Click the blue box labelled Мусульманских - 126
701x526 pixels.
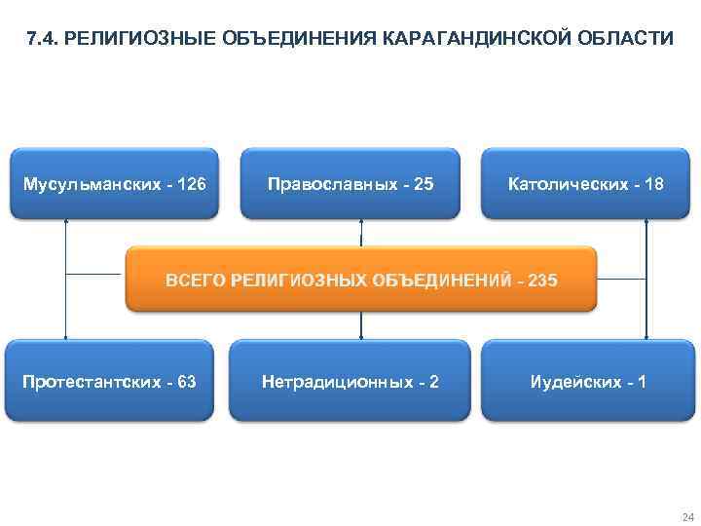click(x=114, y=183)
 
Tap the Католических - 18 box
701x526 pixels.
click(x=586, y=183)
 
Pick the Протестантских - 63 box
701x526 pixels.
click(x=109, y=381)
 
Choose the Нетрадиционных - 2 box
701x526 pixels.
click(x=350, y=381)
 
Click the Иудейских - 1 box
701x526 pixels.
click(x=587, y=381)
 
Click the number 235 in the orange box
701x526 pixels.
click(x=541, y=281)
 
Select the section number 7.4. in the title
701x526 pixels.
click(x=43, y=40)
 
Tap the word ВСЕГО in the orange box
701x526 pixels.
click(x=193, y=281)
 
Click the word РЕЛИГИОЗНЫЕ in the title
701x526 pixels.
click(x=129, y=40)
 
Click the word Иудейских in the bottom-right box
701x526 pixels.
click(x=569, y=381)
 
